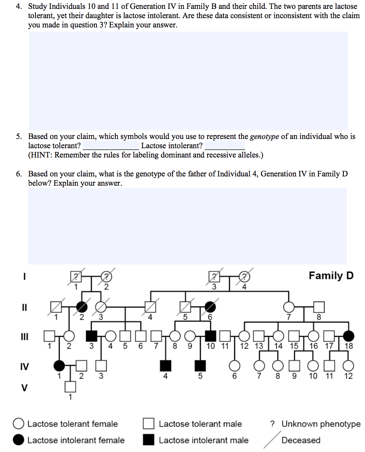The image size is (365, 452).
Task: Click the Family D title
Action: point(331,276)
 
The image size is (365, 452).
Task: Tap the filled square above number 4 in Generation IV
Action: point(165,364)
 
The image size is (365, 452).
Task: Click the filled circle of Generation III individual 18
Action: point(348,336)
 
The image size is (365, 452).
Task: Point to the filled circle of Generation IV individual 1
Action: point(59,364)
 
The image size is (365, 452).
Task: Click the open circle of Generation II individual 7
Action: point(288,307)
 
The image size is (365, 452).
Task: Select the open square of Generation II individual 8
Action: point(319,307)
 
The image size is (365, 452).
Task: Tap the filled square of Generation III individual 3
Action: point(91,336)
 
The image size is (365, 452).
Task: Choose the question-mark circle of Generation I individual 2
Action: point(106,276)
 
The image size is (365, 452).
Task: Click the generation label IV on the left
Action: point(24,366)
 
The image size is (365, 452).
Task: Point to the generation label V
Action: point(24,387)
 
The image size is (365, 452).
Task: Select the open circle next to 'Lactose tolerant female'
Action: point(19,424)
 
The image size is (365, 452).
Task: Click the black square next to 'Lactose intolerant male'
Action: point(149,440)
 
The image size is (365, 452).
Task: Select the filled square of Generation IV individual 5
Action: point(200,364)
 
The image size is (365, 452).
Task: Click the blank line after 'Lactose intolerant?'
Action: point(225,147)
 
